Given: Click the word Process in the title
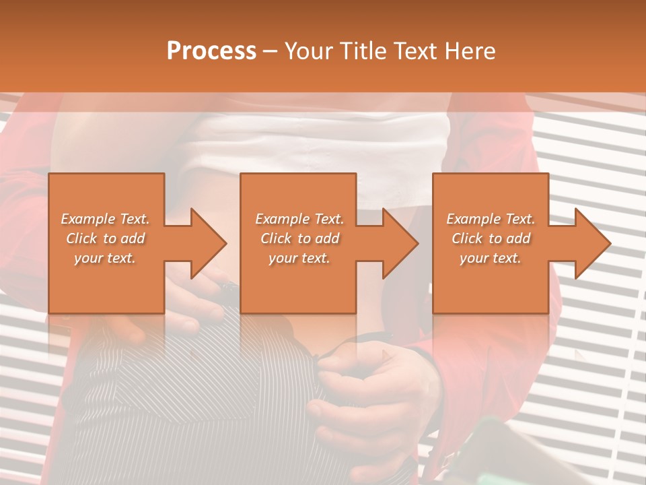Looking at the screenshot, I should tap(211, 51).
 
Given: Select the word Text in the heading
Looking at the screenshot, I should tap(416, 51).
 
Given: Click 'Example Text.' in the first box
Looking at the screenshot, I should tap(106, 219).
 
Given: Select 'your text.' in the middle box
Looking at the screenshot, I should tap(299, 258).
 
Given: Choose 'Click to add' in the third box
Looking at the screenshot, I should tap(491, 238).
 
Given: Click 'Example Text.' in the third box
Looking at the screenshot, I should tap(491, 219).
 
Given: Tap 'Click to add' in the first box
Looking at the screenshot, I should tap(106, 238).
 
